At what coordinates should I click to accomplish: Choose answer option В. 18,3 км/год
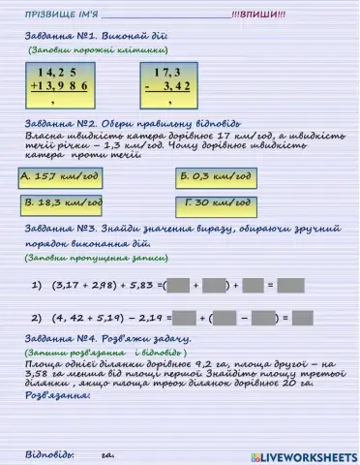point(63,204)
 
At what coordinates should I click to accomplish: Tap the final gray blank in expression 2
point(302,317)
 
